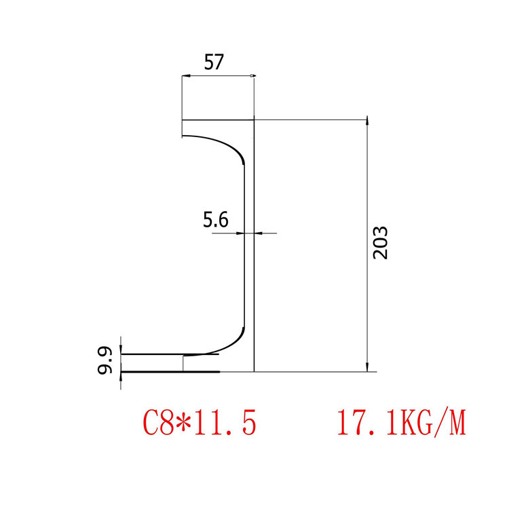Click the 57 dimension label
[x=214, y=63]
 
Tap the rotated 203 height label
[x=381, y=242]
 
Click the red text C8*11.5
[x=200, y=423]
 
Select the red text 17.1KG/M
[x=400, y=423]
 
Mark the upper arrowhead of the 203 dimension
[x=367, y=122]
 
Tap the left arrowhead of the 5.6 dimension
[x=242, y=233]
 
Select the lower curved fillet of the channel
[x=231, y=343]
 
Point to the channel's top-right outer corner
[x=254, y=120]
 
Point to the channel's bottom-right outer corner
[x=254, y=372]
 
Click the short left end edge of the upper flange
[x=182, y=128]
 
